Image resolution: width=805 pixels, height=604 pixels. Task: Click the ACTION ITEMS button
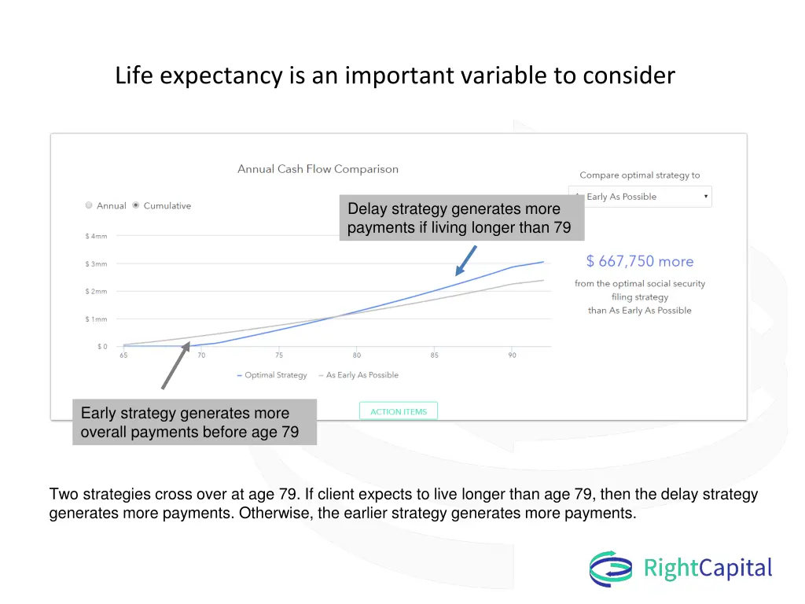point(399,411)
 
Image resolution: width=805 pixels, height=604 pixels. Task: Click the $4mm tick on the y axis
point(97,236)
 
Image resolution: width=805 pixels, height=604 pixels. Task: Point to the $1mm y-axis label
point(97,319)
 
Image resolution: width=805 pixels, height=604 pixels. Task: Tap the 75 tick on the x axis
point(279,355)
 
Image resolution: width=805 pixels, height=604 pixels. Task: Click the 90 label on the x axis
point(512,355)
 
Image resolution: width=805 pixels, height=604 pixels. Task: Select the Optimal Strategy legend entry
point(272,375)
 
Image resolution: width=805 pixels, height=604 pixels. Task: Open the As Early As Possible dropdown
point(640,197)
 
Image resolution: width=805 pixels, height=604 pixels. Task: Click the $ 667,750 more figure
point(640,262)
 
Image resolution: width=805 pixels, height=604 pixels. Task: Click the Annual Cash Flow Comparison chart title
point(318,169)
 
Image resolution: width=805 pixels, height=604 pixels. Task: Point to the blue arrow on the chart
point(467,260)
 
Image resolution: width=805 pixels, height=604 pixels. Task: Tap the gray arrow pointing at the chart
point(175,365)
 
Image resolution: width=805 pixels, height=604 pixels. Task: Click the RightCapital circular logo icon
point(611,569)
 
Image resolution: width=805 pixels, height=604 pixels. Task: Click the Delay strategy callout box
point(461,219)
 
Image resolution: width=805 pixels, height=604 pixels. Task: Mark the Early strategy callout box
point(194,422)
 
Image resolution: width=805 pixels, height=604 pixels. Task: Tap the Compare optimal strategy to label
point(639,175)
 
